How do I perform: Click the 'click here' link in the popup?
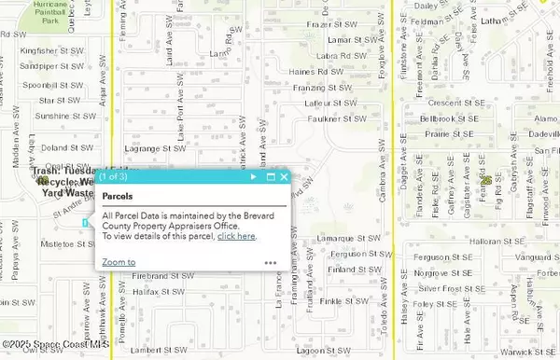coord(236,236)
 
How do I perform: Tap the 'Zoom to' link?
coord(119,262)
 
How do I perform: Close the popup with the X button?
coord(284,176)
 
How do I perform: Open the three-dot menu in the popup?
coord(271,263)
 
